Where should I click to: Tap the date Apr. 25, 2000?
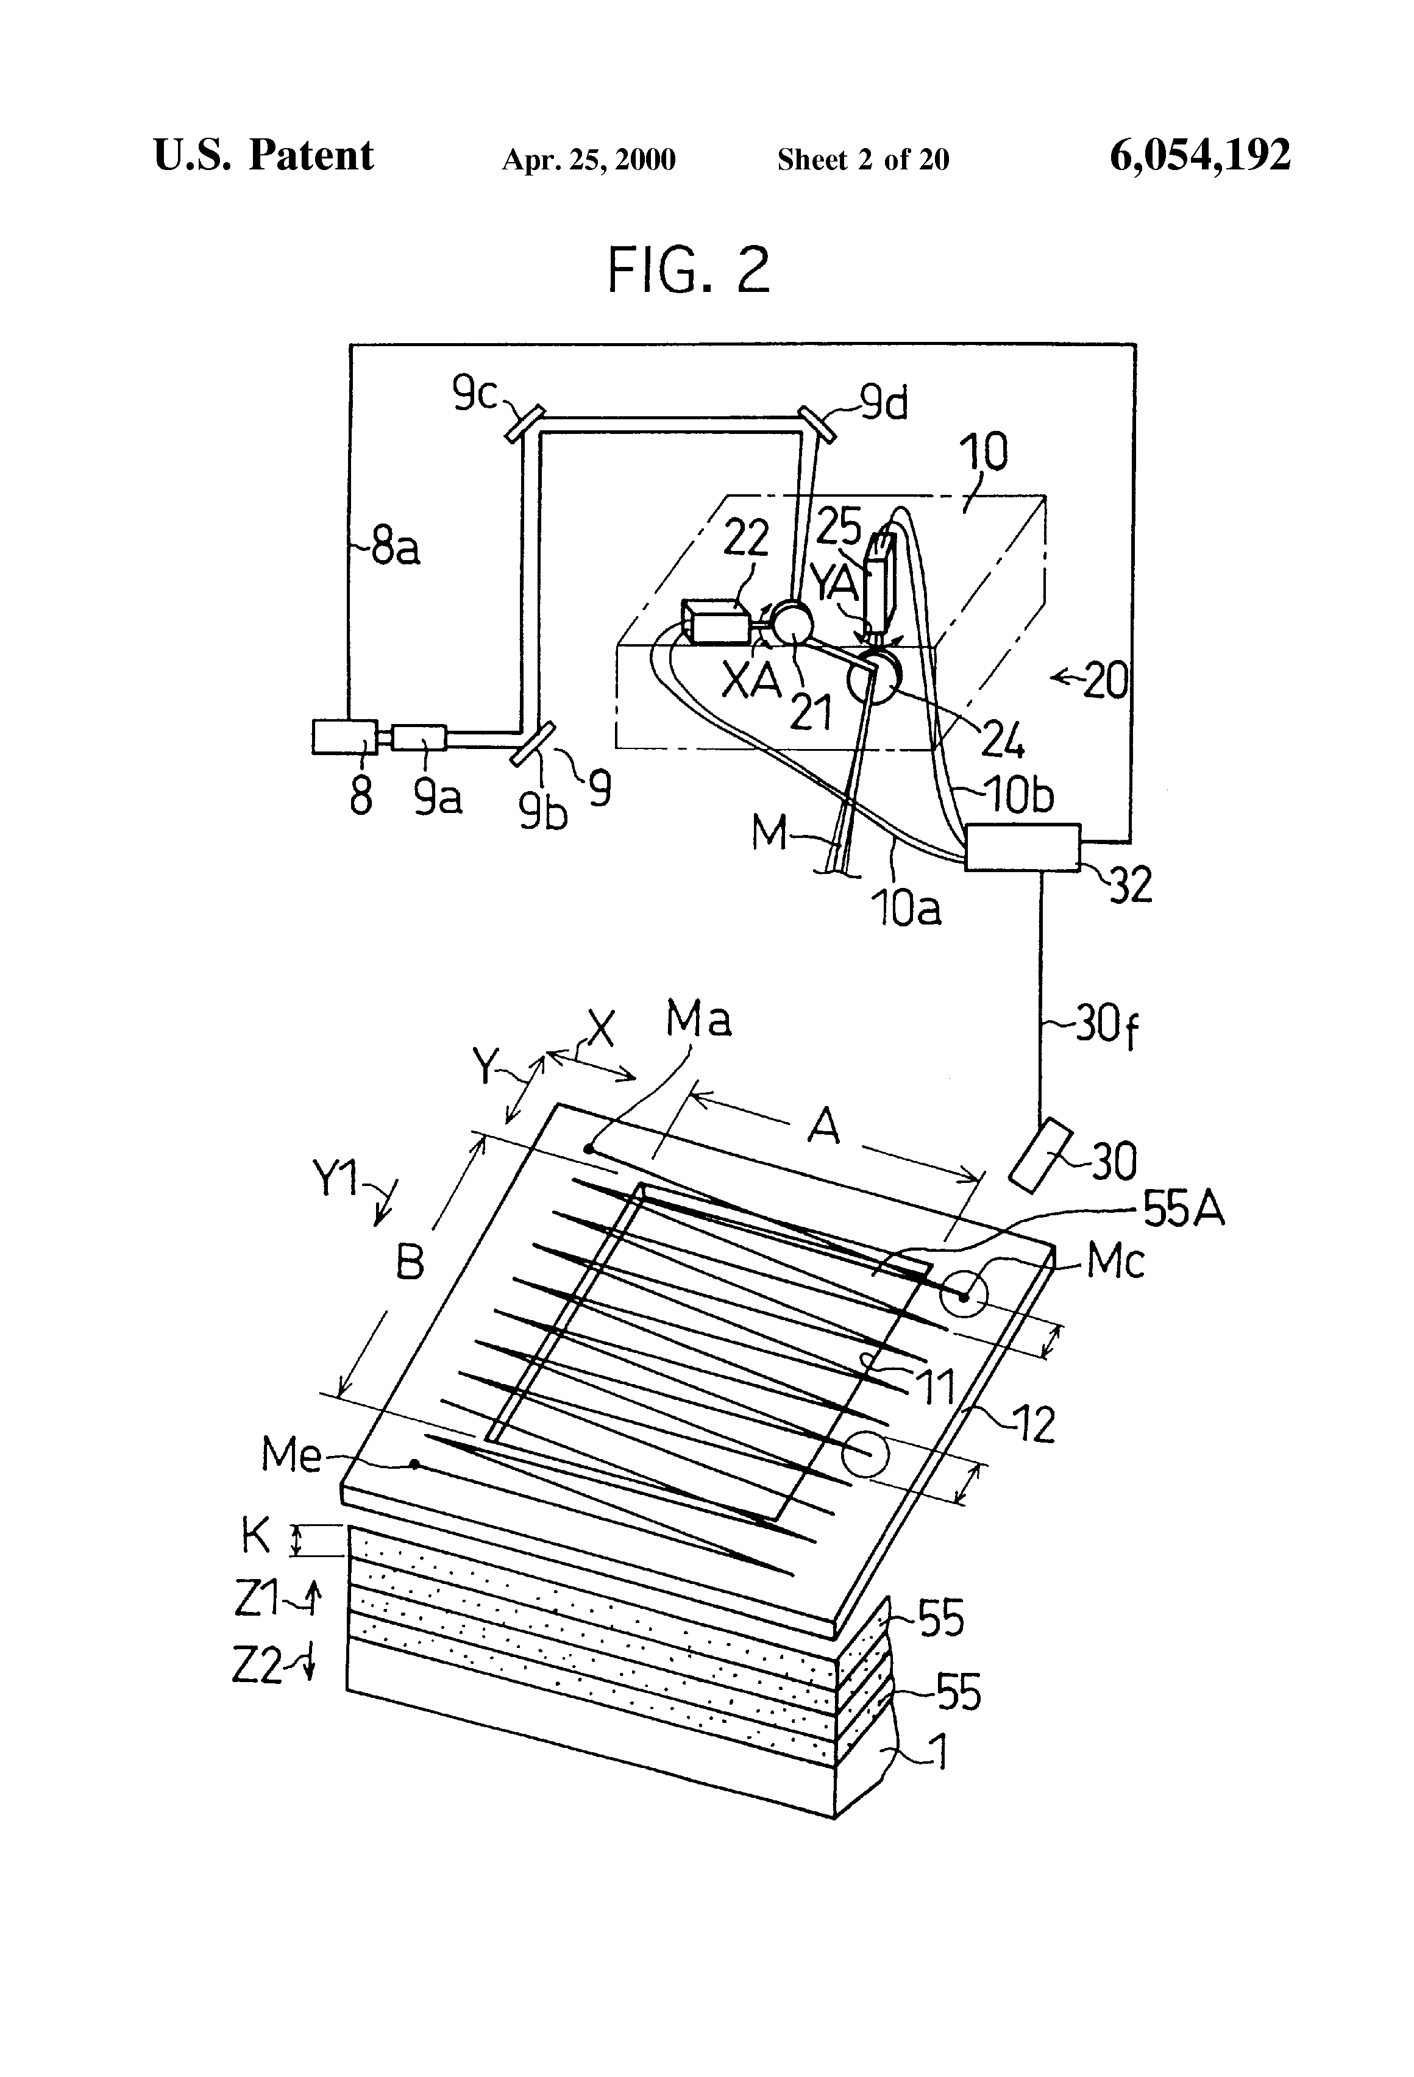[x=588, y=160]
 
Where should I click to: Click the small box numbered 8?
[x=344, y=737]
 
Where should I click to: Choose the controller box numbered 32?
[x=1021, y=847]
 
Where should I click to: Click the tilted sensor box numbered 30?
[x=1040, y=1155]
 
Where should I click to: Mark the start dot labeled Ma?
[x=588, y=1148]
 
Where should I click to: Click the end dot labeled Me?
[x=414, y=1464]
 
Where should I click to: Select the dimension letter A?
[x=823, y=1127]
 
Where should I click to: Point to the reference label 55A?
[x=1182, y=1211]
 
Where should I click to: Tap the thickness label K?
[x=255, y=1535]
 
